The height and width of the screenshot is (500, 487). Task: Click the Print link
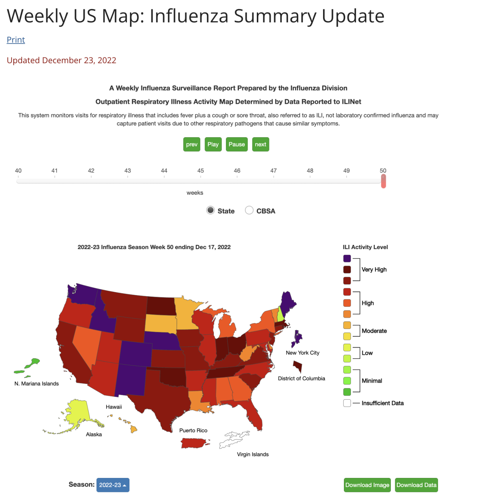point(16,40)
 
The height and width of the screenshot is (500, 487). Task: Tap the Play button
point(213,144)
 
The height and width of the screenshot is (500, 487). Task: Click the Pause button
point(237,144)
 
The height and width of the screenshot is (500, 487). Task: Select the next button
point(261,144)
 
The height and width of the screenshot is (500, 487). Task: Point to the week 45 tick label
point(201,171)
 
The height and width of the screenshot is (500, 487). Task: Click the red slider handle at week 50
point(383,181)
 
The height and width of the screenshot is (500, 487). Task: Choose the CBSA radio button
point(249,210)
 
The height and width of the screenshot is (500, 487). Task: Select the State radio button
point(210,210)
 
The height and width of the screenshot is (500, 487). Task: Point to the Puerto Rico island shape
point(194,443)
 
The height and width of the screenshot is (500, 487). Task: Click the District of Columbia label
point(301,379)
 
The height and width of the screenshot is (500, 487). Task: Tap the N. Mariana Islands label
point(37,384)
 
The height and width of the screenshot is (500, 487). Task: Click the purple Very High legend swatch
point(347,259)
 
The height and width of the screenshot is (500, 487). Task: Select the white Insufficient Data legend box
point(347,403)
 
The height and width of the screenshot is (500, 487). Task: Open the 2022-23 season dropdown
point(113,485)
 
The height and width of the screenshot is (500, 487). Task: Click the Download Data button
point(416,485)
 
